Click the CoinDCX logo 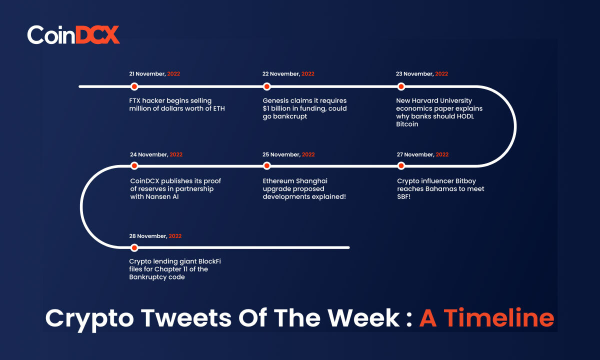tap(73, 35)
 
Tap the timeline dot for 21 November tap(134, 86)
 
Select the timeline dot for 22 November tap(266, 86)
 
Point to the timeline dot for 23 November tap(401, 86)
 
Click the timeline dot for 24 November tap(134, 166)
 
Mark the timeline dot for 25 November tap(266, 166)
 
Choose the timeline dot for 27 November tap(401, 166)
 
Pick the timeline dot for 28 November tap(134, 248)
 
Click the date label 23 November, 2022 tap(422, 74)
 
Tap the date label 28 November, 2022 tap(155, 236)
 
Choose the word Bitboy tap(465, 181)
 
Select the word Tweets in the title tap(186, 318)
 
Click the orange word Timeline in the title tap(499, 317)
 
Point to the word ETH tap(219, 108)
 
